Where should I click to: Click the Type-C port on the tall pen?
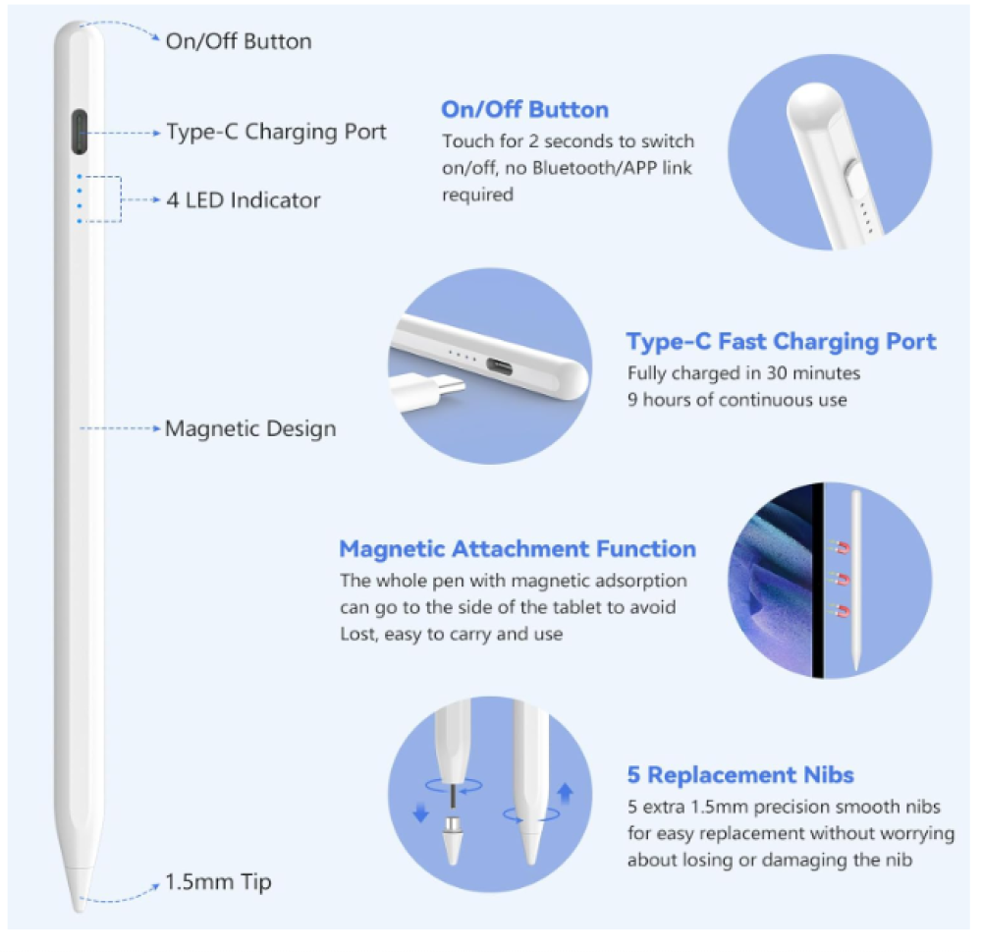pyautogui.click(x=80, y=132)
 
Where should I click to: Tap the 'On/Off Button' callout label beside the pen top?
pyautogui.click(x=239, y=41)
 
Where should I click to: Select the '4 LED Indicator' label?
pyautogui.click(x=243, y=200)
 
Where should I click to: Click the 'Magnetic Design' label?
pyautogui.click(x=250, y=428)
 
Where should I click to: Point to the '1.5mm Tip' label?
pyautogui.click(x=218, y=882)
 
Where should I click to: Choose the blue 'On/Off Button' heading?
pyautogui.click(x=524, y=110)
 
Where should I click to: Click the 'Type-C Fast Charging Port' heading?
pyautogui.click(x=781, y=342)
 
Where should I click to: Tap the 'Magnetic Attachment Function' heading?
pyautogui.click(x=518, y=549)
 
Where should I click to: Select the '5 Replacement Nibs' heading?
pyautogui.click(x=740, y=775)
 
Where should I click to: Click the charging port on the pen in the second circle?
pyautogui.click(x=499, y=366)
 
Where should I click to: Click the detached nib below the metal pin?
pyautogui.click(x=452, y=840)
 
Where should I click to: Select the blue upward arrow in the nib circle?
pyautogui.click(x=566, y=792)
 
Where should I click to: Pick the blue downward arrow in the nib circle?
pyautogui.click(x=421, y=812)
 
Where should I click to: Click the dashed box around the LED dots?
pyautogui.click(x=120, y=199)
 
